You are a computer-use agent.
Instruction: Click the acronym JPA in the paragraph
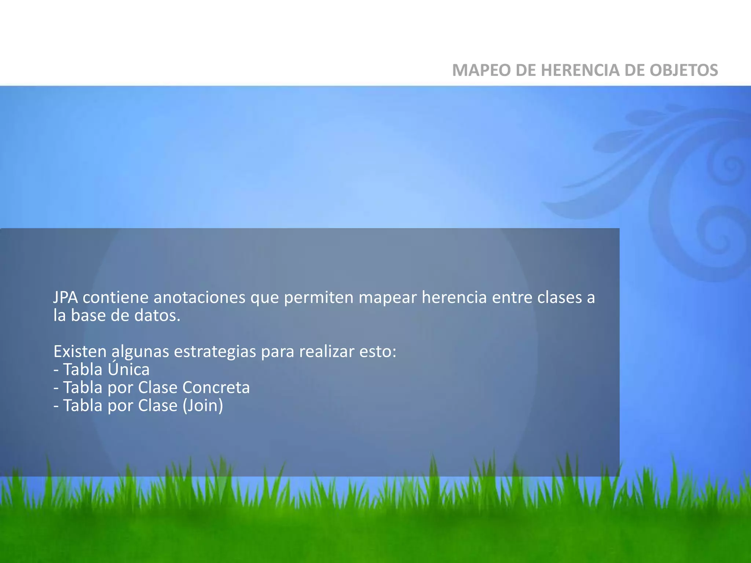click(66, 297)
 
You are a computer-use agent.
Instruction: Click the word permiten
click(319, 297)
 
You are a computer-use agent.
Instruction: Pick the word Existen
click(80, 351)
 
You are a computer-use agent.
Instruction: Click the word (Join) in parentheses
click(203, 406)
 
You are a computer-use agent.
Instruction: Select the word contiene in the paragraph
click(116, 297)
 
